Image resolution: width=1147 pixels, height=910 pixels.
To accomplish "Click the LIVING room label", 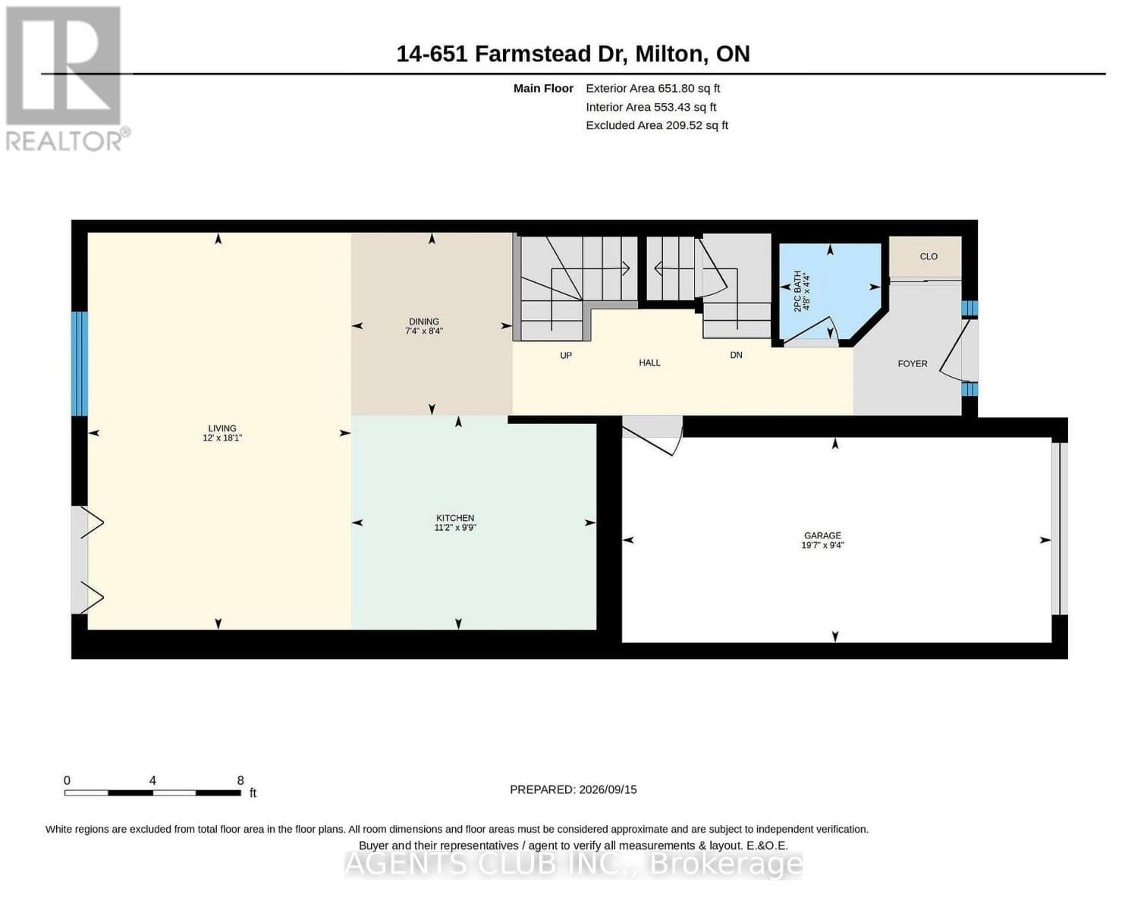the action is pyautogui.click(x=222, y=428).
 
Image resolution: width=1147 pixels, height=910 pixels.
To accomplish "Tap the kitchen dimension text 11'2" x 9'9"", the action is pyautogui.click(x=455, y=528).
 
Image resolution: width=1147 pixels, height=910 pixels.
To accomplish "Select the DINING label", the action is pyautogui.click(x=424, y=322).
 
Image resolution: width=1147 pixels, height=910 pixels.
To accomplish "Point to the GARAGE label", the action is pyautogui.click(x=822, y=535).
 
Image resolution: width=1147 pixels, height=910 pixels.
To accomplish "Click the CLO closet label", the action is pyautogui.click(x=929, y=256).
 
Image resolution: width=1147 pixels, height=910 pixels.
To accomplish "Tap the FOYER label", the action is pyautogui.click(x=913, y=363).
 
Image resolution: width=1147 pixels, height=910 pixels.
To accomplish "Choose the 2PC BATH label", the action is pyautogui.click(x=797, y=291).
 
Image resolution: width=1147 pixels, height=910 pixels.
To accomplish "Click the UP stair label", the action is pyautogui.click(x=565, y=356).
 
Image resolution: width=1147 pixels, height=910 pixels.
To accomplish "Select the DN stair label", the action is pyautogui.click(x=736, y=355).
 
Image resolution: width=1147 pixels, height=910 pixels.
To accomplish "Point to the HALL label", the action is pyautogui.click(x=649, y=362).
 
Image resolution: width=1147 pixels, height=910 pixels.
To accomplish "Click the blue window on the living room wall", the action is pyautogui.click(x=80, y=363).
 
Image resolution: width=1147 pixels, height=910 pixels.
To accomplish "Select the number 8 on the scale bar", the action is pyautogui.click(x=240, y=780).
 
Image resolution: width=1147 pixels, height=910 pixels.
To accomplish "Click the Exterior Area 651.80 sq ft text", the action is pyautogui.click(x=653, y=89).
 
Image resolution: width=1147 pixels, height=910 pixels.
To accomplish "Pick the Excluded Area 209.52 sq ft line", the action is pyautogui.click(x=657, y=125).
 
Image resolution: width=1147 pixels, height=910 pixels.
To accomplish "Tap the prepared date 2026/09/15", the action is pyautogui.click(x=608, y=789).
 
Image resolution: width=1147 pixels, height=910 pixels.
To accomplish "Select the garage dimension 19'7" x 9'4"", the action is pyautogui.click(x=822, y=545).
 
